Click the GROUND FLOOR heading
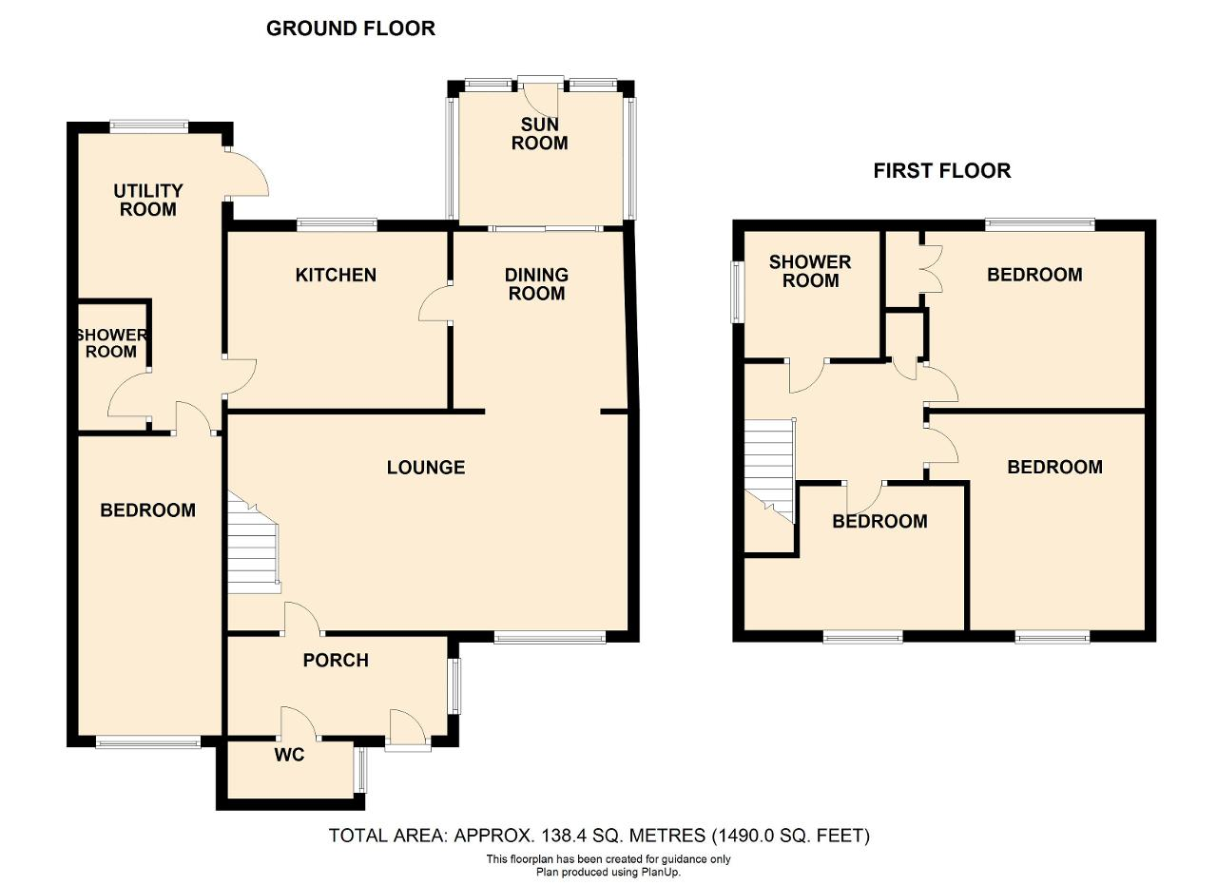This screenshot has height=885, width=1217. (351, 29)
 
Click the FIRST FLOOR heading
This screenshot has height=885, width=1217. (942, 170)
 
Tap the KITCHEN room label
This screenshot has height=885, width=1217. (336, 275)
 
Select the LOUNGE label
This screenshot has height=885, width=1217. (426, 468)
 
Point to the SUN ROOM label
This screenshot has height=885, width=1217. (539, 134)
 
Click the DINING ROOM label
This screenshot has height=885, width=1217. (537, 284)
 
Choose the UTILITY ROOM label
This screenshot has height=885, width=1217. (147, 200)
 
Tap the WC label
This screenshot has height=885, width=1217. (290, 755)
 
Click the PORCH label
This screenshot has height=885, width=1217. (336, 660)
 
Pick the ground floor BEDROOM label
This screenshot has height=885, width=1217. (147, 510)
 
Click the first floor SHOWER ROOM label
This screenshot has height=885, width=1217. (810, 272)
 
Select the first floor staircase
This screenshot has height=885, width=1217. (770, 471)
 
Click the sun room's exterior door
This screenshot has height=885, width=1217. (539, 98)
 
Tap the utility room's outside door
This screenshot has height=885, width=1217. (246, 173)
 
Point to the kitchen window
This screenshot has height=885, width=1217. (338, 224)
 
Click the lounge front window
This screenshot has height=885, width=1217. (550, 637)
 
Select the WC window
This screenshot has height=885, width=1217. (359, 770)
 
